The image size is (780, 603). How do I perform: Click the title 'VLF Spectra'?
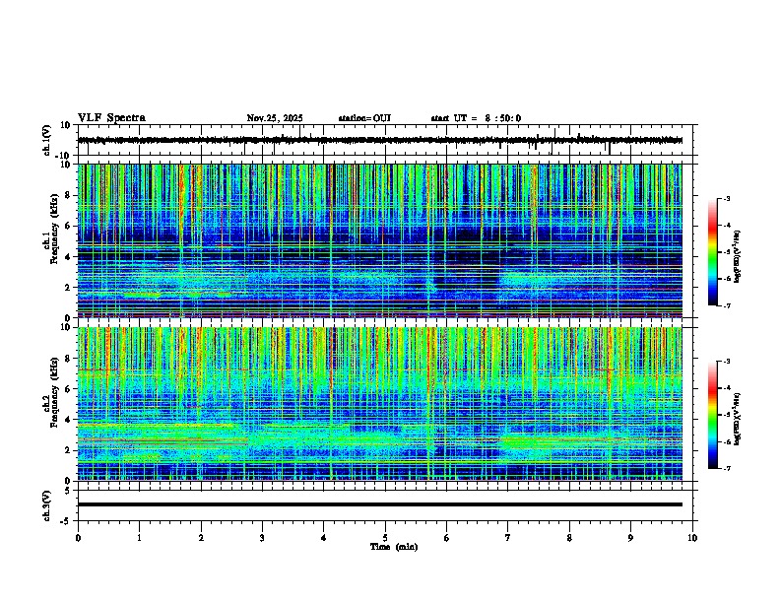click(111, 118)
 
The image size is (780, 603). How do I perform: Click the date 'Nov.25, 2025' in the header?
click(274, 118)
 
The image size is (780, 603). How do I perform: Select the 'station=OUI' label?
click(364, 118)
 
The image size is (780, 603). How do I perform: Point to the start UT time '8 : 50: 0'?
click(498, 118)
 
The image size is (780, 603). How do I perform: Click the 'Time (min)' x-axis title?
click(393, 546)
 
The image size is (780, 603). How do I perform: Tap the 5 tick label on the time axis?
click(385, 537)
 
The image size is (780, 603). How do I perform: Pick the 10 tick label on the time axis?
click(692, 537)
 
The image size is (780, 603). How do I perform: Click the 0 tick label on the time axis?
click(78, 537)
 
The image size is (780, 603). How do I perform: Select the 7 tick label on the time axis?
click(508, 537)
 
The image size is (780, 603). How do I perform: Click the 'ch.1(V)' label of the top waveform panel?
click(47, 141)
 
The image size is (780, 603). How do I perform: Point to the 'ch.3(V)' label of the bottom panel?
click(47, 504)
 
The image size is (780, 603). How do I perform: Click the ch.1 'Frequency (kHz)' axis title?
click(47, 241)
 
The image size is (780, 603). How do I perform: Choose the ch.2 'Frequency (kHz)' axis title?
click(47, 404)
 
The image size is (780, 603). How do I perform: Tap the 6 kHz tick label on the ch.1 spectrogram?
click(70, 226)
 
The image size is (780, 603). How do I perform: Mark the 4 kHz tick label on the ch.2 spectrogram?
click(70, 419)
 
